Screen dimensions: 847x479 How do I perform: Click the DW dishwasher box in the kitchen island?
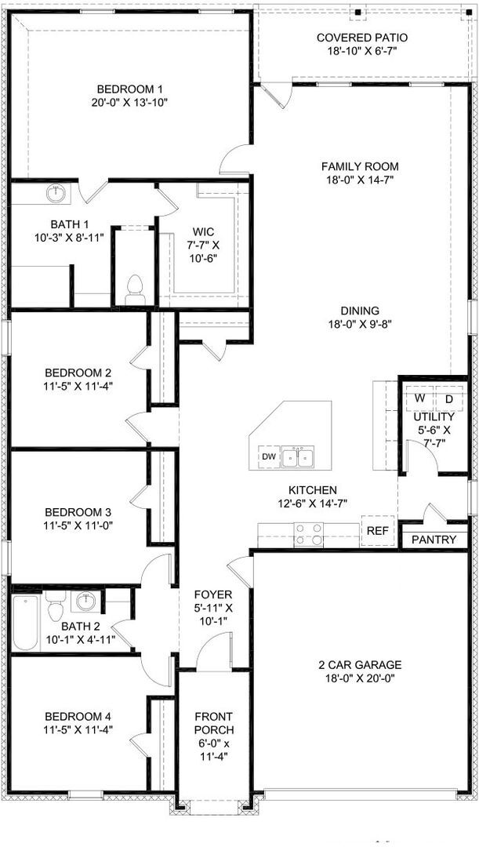point(268,456)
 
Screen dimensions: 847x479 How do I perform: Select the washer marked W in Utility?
point(420,398)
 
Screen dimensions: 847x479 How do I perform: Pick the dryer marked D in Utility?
point(449,398)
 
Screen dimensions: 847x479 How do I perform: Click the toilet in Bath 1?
point(136,289)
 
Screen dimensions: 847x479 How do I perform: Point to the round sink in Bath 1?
point(56,193)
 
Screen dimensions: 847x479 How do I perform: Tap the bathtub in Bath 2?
point(25,623)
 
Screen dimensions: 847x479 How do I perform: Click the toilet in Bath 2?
point(55,608)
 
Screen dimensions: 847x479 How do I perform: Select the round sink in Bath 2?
point(84,602)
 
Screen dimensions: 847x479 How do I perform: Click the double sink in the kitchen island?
point(299,456)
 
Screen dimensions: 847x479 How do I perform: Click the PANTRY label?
point(434,540)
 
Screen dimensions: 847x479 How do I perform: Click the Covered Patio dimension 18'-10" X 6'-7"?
point(362,52)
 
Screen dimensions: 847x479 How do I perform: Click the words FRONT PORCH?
point(214,723)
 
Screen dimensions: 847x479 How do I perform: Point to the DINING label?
point(360,311)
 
